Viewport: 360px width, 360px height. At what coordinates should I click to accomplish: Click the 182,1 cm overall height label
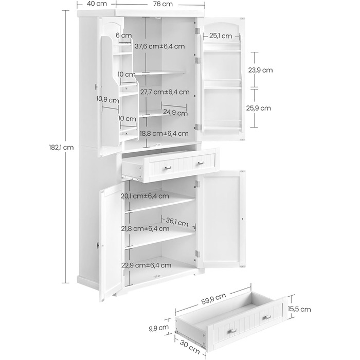click(x=61, y=147)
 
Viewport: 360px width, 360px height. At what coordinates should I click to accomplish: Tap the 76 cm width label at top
click(x=163, y=4)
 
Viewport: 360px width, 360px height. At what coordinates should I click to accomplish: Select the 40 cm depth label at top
click(x=97, y=4)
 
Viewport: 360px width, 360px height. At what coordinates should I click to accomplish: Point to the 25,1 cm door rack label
click(x=221, y=36)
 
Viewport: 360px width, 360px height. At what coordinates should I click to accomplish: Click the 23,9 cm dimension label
click(x=260, y=70)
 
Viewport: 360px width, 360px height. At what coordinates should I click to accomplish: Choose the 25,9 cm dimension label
click(x=259, y=108)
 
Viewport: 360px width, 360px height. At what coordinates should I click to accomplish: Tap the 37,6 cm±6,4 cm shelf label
click(x=160, y=46)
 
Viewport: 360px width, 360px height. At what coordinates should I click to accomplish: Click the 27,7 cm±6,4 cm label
click(x=165, y=92)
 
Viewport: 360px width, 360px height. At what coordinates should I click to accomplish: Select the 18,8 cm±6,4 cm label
click(x=164, y=133)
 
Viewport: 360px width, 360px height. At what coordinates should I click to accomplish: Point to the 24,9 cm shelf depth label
click(x=175, y=113)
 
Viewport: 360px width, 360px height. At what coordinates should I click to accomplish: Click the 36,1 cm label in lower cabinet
click(x=177, y=222)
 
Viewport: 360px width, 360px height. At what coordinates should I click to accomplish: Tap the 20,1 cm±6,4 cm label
click(x=145, y=196)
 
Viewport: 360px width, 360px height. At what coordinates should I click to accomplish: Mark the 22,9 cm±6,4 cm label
click(x=146, y=265)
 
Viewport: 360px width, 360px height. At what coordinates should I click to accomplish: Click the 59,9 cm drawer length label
click(x=214, y=299)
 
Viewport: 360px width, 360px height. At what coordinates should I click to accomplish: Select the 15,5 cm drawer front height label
click(x=299, y=309)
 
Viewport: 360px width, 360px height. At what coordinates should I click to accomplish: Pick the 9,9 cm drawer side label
click(x=158, y=328)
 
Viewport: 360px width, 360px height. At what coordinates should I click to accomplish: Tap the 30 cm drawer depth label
click(x=189, y=347)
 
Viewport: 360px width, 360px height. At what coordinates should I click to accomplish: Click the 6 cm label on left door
click(x=124, y=35)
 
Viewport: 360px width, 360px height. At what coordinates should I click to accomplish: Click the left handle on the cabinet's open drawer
click(x=168, y=168)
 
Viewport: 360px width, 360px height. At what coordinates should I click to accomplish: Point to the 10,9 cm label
click(x=107, y=100)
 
